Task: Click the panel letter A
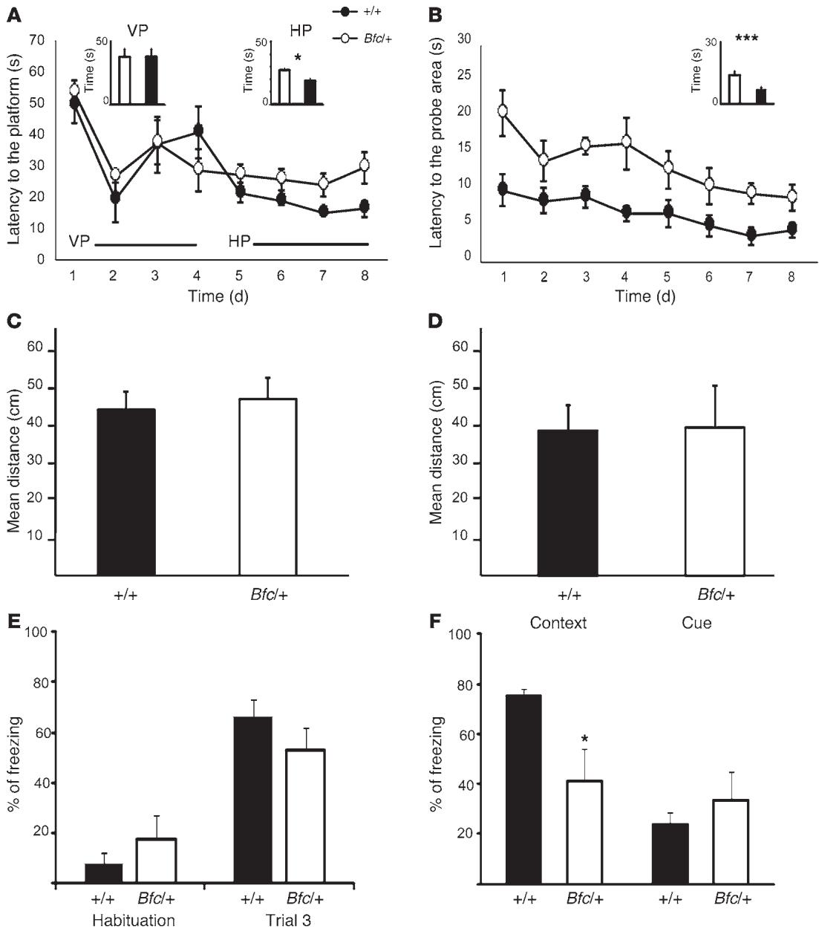[x=13, y=13]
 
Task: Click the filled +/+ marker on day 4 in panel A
[x=198, y=131]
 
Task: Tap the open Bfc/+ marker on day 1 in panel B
[x=503, y=111]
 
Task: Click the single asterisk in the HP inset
[x=297, y=58]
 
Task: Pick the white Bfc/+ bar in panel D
[x=714, y=501]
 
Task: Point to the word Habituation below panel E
[x=134, y=921]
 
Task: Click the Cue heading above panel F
[x=696, y=623]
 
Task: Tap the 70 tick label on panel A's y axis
[x=36, y=41]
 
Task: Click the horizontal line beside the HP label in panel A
[x=311, y=244]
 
